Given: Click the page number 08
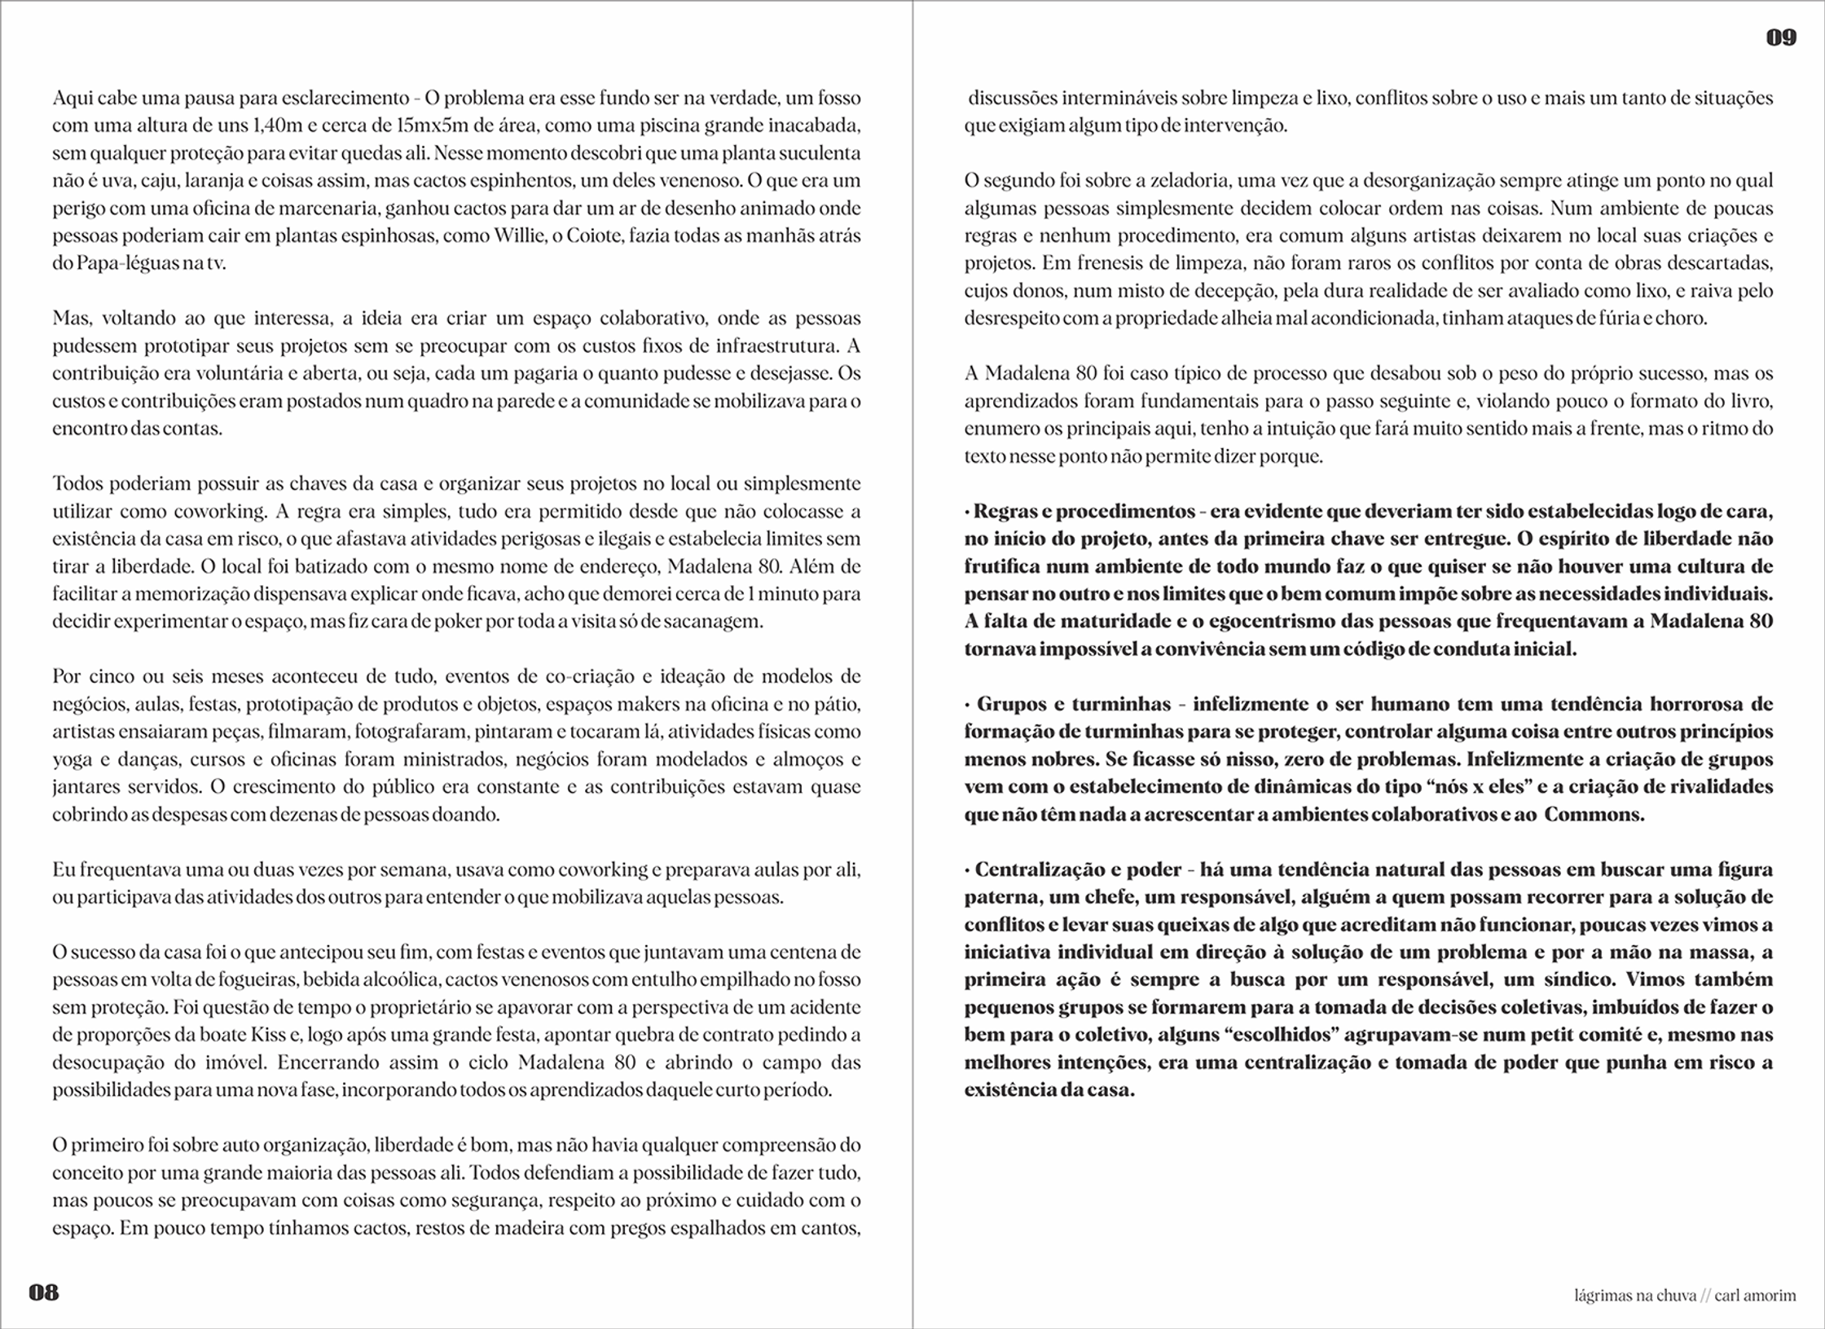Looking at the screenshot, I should click(x=44, y=1292).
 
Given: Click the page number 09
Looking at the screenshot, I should click(x=1782, y=37).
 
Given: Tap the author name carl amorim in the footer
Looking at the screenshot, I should click(x=1755, y=1295).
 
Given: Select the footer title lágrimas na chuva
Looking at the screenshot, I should click(x=1635, y=1295).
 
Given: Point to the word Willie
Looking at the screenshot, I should click(x=519, y=236).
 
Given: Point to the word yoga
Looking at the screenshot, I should click(x=73, y=759).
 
